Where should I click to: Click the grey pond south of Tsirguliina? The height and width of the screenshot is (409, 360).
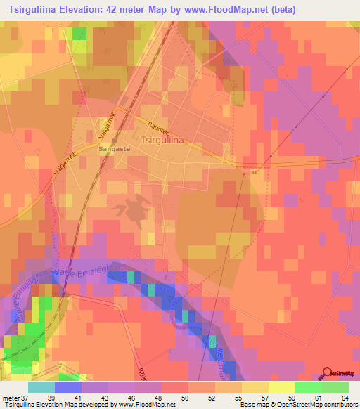tap(134, 208)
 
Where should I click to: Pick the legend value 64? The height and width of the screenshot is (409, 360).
tap(345, 397)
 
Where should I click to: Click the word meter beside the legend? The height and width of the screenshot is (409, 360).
tap(10, 397)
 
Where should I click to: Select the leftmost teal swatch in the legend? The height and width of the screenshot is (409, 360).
tap(41, 387)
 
